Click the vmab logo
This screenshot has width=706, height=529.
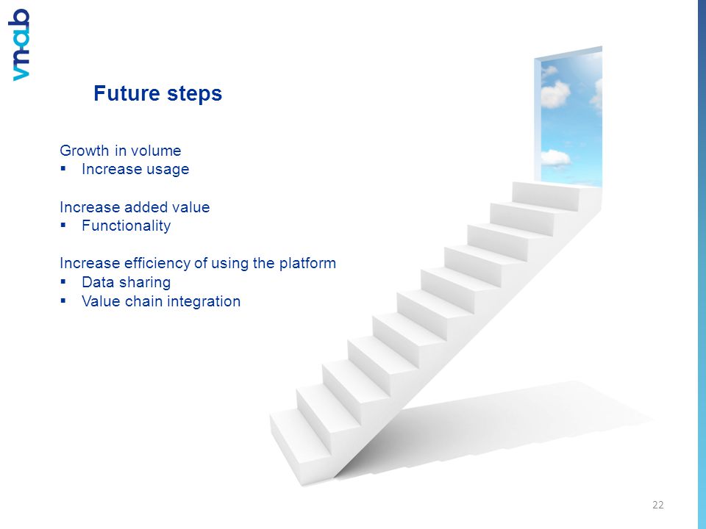pyautogui.click(x=19, y=45)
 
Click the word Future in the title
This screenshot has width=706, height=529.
pyautogui.click(x=126, y=93)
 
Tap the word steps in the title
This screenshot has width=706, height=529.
pyautogui.click(x=194, y=94)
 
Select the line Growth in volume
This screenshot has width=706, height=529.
pyautogui.click(x=120, y=150)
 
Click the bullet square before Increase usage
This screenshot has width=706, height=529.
pyautogui.click(x=63, y=169)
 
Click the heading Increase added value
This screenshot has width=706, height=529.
pyautogui.click(x=135, y=207)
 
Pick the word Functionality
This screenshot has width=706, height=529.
pyautogui.click(x=126, y=226)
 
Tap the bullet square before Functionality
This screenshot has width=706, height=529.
pyautogui.click(x=63, y=225)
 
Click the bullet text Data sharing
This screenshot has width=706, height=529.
pyautogui.click(x=126, y=282)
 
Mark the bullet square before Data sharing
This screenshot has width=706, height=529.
pyautogui.click(x=63, y=281)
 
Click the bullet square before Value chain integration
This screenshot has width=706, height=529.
pyautogui.click(x=63, y=301)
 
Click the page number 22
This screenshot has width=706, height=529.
pyautogui.click(x=657, y=505)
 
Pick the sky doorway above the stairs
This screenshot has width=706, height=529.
pyautogui.click(x=568, y=116)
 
